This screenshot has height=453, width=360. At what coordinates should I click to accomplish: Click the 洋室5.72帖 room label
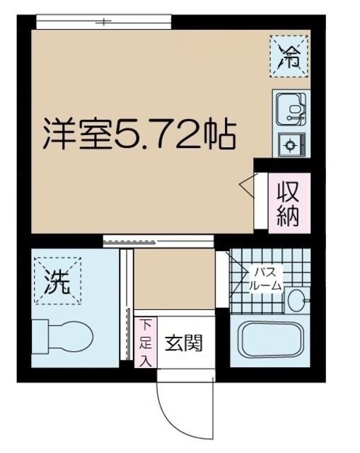pos(138,134)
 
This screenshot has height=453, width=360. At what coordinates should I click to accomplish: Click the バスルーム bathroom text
pos(266,279)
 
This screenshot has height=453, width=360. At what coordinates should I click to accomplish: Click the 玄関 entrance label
pos(184,344)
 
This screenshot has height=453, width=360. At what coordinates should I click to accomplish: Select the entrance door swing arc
pos(173,411)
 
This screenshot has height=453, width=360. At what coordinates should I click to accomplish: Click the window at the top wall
pos(103,22)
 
